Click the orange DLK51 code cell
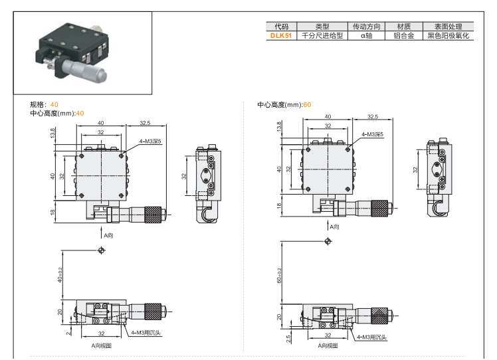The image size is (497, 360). coord(280,36)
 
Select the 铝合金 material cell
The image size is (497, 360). coord(403,36)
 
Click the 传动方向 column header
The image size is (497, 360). coord(366,27)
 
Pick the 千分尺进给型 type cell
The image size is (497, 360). coord(322,36)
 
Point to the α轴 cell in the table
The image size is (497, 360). coord(366,36)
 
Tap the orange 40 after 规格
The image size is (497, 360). coord(54,105)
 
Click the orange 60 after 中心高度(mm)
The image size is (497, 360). coord(307,105)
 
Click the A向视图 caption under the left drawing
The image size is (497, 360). coord(102,345)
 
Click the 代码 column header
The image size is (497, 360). coord(280,27)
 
